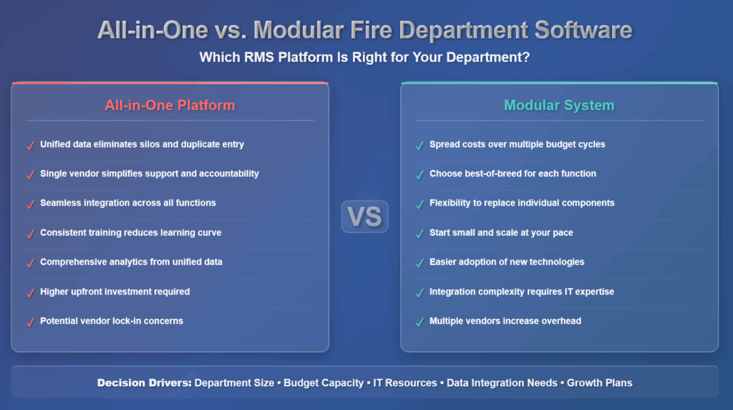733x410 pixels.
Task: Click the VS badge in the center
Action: [364, 216]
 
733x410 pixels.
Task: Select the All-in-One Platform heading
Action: [170, 105]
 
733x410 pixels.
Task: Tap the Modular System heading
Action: [559, 105]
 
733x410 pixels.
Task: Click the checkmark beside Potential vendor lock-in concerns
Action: [30, 322]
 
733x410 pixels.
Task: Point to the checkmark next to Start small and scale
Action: [419, 234]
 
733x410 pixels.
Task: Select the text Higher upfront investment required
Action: [115, 292]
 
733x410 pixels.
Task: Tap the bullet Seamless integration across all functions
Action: [127, 203]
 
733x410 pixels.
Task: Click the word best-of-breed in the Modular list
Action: [503, 173]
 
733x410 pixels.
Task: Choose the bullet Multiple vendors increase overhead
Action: [505, 321]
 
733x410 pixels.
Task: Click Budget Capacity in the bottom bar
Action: [324, 383]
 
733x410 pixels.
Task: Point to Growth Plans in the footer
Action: [599, 383]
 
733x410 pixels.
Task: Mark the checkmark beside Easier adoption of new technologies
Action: [419, 263]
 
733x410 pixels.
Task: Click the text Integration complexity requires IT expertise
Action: [521, 292]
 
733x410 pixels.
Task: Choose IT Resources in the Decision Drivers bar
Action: [406, 383]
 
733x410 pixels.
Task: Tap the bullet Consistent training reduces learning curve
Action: [130, 232]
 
